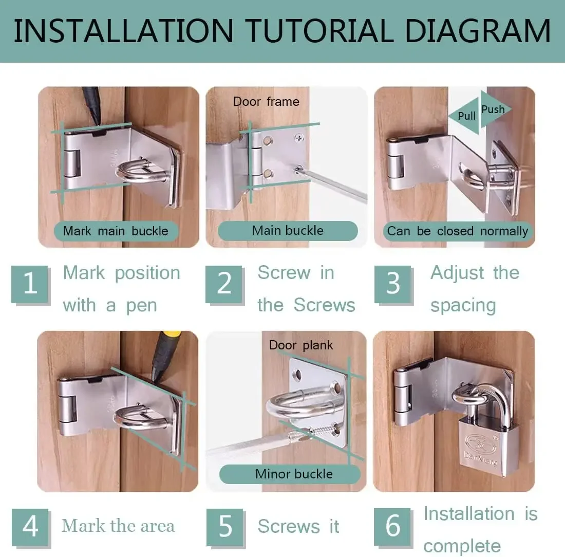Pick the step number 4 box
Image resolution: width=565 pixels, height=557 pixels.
[30, 527]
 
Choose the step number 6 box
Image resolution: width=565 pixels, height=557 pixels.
[393, 527]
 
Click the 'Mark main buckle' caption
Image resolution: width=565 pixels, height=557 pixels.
[116, 231]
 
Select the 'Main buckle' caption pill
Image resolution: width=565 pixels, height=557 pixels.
[288, 231]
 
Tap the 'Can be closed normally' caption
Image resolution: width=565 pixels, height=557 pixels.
[457, 231]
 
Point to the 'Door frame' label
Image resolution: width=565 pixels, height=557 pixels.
[266, 102]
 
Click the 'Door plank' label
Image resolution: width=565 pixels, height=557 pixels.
[301, 345]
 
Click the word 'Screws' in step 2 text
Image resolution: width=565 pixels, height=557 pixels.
[324, 305]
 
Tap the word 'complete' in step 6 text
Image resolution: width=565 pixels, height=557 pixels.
[462, 546]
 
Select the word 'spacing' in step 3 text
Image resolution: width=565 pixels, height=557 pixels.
[463, 306]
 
